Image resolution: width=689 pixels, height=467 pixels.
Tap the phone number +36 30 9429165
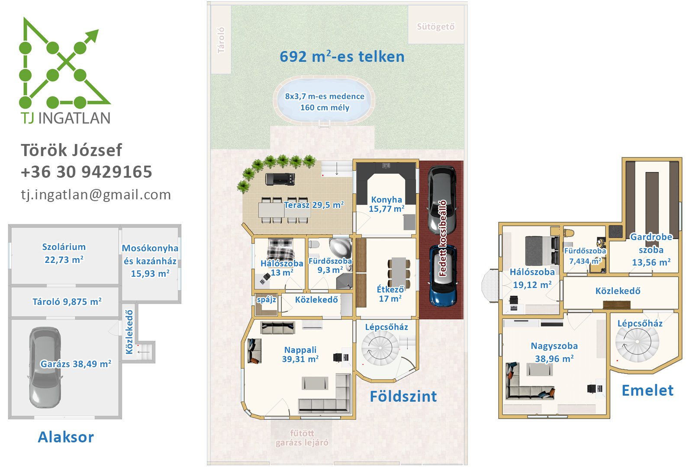pyautogui.click(x=87, y=172)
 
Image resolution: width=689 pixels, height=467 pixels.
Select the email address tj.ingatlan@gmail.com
pyautogui.click(x=96, y=195)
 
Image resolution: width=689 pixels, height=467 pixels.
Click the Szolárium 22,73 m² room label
pyautogui.click(x=64, y=253)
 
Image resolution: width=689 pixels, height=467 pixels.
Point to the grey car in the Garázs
pyautogui.click(x=45, y=367)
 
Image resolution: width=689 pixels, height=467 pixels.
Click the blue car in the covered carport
pyautogui.click(x=443, y=275)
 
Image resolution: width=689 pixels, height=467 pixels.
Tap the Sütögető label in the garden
pyautogui.click(x=435, y=27)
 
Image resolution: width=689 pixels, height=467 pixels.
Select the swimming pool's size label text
pyautogui.click(x=325, y=102)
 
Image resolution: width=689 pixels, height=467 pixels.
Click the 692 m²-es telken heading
pyautogui.click(x=342, y=57)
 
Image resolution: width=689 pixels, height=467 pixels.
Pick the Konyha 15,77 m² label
pyautogui.click(x=386, y=204)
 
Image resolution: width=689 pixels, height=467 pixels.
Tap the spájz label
pyautogui.click(x=266, y=299)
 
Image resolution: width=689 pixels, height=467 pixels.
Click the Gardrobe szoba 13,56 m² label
pyautogui.click(x=651, y=250)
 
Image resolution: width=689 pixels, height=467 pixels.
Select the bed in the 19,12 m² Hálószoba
pyautogui.click(x=542, y=251)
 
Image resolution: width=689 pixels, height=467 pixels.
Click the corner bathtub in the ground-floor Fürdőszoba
pyautogui.click(x=341, y=248)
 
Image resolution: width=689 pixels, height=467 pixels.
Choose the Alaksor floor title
pyautogui.click(x=66, y=437)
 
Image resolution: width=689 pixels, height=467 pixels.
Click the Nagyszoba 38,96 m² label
pyautogui.click(x=554, y=352)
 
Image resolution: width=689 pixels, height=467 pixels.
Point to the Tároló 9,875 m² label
pyautogui.click(x=67, y=302)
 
